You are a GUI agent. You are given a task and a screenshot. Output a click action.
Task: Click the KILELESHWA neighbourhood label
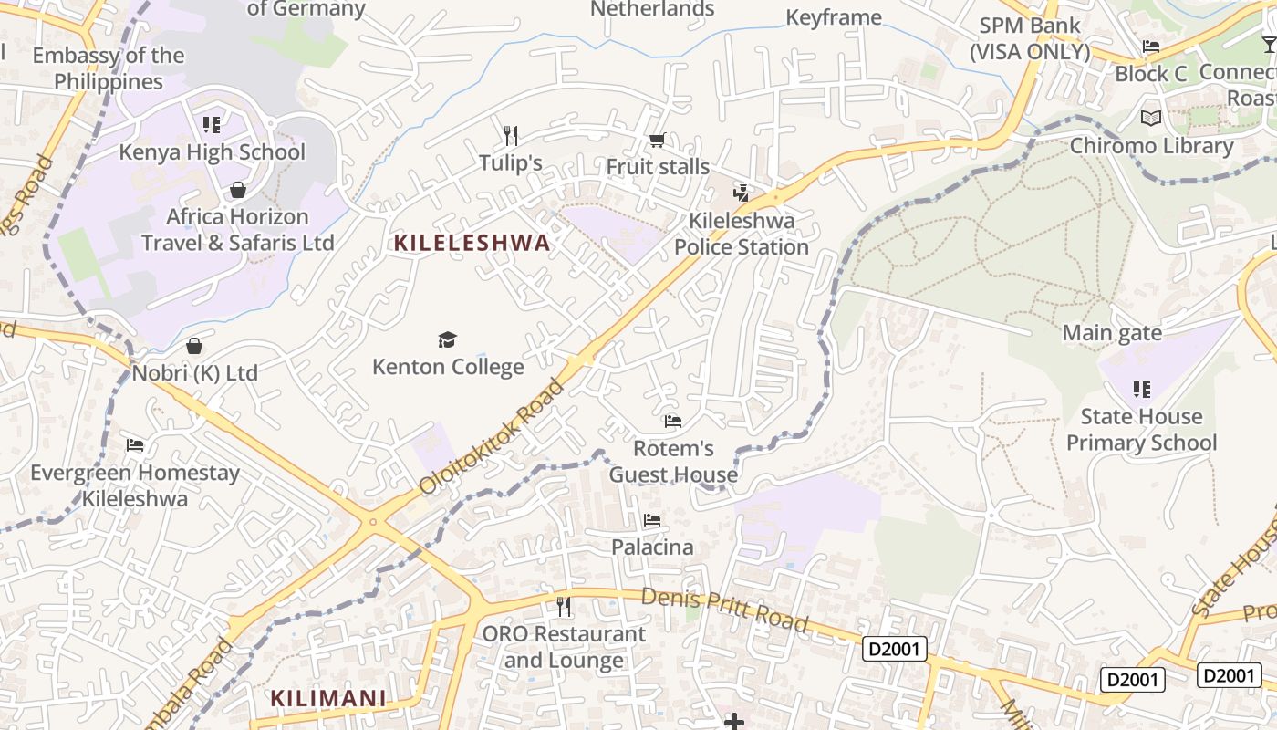click(x=472, y=243)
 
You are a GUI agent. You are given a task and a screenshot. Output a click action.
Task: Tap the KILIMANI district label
click(x=328, y=699)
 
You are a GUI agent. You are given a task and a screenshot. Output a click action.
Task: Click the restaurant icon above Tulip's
click(x=511, y=136)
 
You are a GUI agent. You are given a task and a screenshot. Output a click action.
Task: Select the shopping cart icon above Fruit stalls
click(x=657, y=140)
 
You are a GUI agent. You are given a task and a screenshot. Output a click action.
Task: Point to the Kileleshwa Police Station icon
click(x=742, y=193)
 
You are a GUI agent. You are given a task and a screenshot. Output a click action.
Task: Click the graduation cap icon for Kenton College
click(x=447, y=340)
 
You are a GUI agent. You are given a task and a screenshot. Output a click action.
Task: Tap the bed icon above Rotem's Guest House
click(x=673, y=422)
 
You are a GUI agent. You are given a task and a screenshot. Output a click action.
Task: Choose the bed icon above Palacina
click(x=652, y=520)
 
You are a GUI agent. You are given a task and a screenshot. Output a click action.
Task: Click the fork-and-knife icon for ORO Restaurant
click(x=564, y=606)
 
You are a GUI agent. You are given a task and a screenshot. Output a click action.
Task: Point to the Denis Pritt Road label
click(x=724, y=610)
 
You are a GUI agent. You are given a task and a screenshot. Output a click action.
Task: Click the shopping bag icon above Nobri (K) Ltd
click(x=194, y=346)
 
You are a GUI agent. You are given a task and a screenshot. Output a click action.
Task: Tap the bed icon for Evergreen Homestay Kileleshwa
click(x=135, y=445)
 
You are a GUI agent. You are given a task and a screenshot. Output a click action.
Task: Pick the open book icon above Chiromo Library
click(x=1151, y=119)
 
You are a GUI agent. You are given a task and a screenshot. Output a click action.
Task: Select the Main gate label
click(x=1112, y=333)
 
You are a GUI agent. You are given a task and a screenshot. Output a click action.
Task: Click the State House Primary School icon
click(x=1141, y=390)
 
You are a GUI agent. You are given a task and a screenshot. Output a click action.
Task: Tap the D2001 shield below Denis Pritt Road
click(x=894, y=650)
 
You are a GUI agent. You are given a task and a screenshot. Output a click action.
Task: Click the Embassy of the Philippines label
click(x=109, y=68)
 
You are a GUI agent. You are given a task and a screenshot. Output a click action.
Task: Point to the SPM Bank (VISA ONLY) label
click(x=1030, y=38)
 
